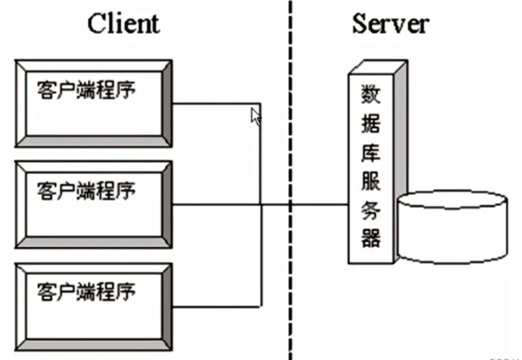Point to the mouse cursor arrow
click(x=256, y=117)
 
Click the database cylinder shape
click(x=452, y=227)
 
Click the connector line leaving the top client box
click(x=215, y=104)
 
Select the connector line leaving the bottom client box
click(x=215, y=305)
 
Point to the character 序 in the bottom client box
click(x=126, y=290)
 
